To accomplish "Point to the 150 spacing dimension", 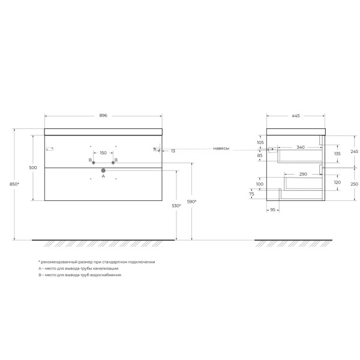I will coord(103,153).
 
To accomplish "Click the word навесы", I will coord(221,148).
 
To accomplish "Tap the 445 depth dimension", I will coord(295,116).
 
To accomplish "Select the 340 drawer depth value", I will coord(300,147).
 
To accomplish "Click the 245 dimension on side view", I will coord(354,152).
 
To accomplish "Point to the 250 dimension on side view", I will coord(354,184).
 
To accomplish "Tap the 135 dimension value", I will coord(337,154).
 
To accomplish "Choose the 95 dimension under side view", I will coord(273,210).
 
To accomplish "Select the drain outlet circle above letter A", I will coord(103,170).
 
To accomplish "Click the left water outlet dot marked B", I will coord(94,163).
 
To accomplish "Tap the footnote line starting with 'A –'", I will coord(78,268).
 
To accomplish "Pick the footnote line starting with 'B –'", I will coord(79,274).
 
